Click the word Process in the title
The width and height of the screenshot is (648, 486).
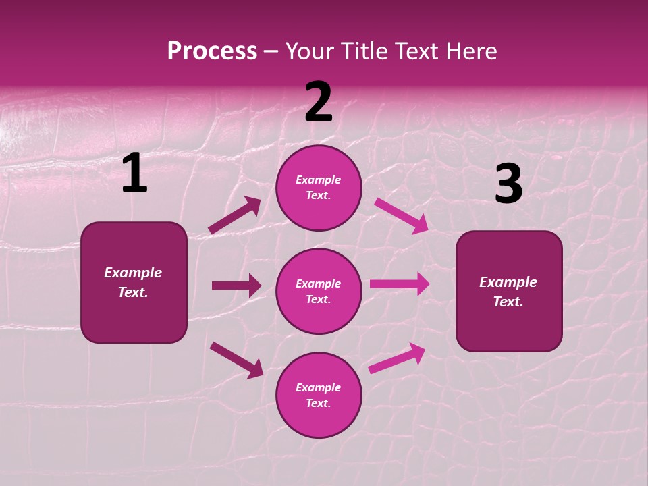pyautogui.click(x=212, y=51)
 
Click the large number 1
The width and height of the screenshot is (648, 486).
pyautogui.click(x=134, y=173)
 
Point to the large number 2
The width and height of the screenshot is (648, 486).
pyautogui.click(x=319, y=102)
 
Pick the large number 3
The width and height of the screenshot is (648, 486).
pyautogui.click(x=508, y=184)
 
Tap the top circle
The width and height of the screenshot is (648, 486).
pyautogui.click(x=319, y=188)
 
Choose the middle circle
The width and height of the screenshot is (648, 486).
pyautogui.click(x=319, y=292)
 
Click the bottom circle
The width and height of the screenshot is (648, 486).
pyautogui.click(x=319, y=396)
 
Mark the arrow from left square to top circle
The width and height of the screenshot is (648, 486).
pyautogui.click(x=235, y=215)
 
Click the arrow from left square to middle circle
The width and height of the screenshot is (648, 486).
pyautogui.click(x=236, y=286)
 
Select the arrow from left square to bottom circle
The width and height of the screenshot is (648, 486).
pyautogui.click(x=236, y=359)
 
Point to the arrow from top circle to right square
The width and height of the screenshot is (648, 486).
pyautogui.click(x=402, y=215)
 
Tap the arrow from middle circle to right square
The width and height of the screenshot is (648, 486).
pyautogui.click(x=400, y=284)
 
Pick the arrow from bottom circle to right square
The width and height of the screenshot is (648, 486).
pyautogui.click(x=397, y=358)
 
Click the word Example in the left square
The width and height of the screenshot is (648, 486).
pyautogui.click(x=133, y=273)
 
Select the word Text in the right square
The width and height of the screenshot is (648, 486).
pyautogui.click(x=507, y=302)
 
